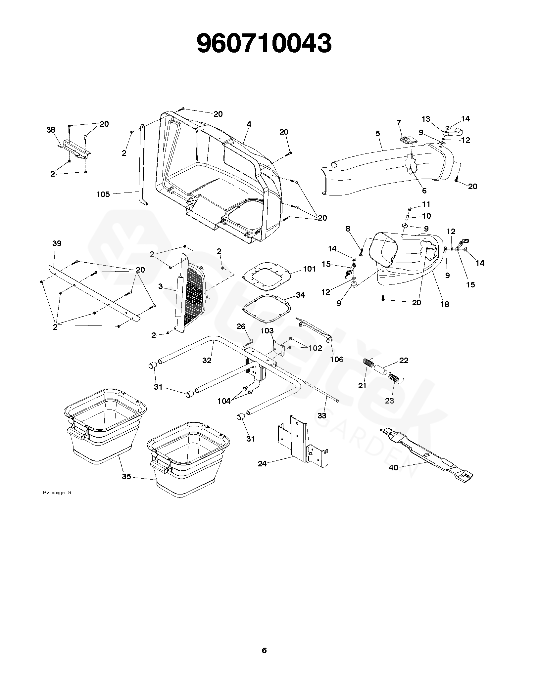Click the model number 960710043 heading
point(264,44)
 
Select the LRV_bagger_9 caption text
point(56,502)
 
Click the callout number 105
point(103,194)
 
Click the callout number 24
point(262,464)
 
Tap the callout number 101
point(310,269)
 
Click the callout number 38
point(51,130)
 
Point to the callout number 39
point(57,243)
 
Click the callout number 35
point(126,477)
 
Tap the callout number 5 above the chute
point(378,134)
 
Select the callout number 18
point(445,304)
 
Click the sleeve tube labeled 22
point(380,369)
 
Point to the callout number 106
point(337,359)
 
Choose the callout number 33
point(322,416)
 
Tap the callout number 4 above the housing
point(249,124)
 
